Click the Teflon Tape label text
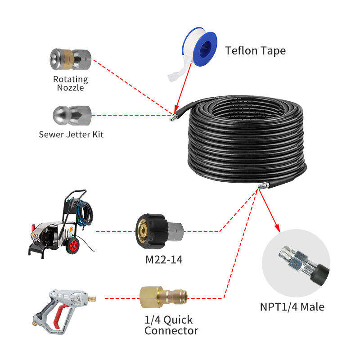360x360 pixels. click(x=255, y=50)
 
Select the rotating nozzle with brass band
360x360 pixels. click(x=70, y=59)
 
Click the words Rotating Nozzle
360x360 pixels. click(x=71, y=83)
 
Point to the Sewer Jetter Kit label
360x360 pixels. click(x=71, y=134)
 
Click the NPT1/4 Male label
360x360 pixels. click(x=292, y=307)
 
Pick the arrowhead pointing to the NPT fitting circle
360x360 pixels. click(x=278, y=228)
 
